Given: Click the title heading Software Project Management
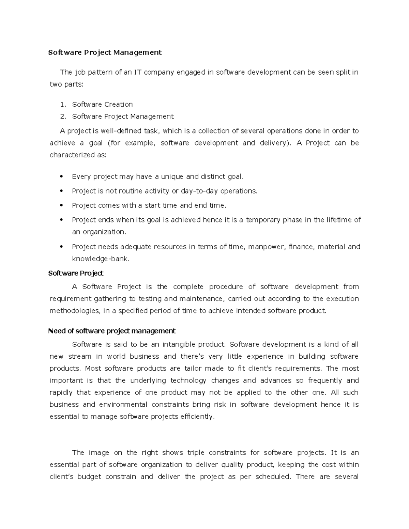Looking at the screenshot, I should tap(105, 52).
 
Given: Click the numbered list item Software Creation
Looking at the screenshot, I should tap(102, 104).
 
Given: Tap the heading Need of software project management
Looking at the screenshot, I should tap(112, 331).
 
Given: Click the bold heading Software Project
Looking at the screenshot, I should tap(76, 273).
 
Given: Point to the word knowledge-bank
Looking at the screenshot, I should tap(100, 259).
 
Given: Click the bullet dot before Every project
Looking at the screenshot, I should tap(61, 177).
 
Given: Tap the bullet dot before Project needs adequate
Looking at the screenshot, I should tap(61, 247).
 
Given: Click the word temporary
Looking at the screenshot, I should tap(263, 220).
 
